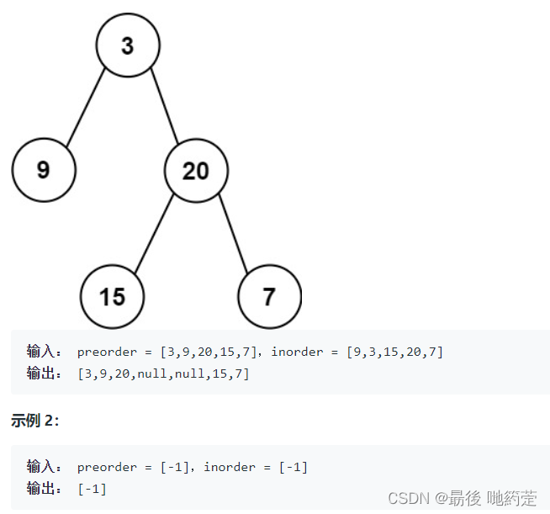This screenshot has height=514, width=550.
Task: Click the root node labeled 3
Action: (127, 45)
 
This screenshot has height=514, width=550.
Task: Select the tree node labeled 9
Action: (44, 171)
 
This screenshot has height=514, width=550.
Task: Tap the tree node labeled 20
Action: (195, 171)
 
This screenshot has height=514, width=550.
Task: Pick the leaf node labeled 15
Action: (112, 296)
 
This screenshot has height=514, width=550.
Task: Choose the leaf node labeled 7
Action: (269, 296)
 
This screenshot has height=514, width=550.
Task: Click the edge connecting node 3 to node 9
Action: (86, 108)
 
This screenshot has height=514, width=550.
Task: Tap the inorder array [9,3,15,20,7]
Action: (394, 352)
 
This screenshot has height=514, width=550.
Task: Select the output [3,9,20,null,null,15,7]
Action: (163, 373)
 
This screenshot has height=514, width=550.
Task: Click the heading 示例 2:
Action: (34, 421)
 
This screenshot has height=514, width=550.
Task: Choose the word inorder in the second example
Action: (231, 467)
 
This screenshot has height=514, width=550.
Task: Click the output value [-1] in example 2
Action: (92, 488)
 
